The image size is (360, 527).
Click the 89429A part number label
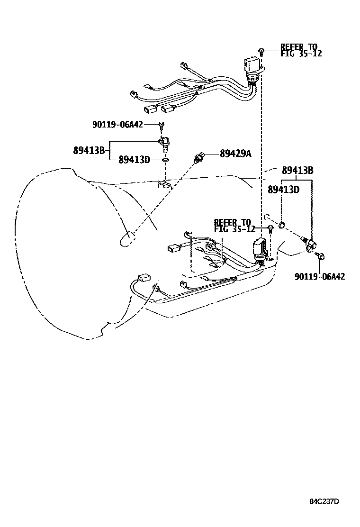[x=235, y=153]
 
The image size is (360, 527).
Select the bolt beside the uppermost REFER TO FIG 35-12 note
[x=261, y=51]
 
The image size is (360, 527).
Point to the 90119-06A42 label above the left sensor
[x=117, y=124]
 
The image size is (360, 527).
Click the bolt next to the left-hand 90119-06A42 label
[x=161, y=125]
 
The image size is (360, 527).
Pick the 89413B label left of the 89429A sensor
[x=89, y=150]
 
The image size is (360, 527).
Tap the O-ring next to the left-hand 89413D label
[x=164, y=160]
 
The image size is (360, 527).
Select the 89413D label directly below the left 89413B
[x=134, y=160]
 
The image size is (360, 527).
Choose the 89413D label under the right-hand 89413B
[x=283, y=190]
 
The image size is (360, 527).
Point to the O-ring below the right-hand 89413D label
[x=282, y=225]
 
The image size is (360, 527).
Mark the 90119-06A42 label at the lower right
[x=319, y=276]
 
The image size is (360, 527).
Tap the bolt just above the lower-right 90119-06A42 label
[x=320, y=257]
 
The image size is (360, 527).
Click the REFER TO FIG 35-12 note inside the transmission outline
[x=234, y=225]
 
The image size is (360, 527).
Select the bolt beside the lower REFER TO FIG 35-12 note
[x=270, y=229]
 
